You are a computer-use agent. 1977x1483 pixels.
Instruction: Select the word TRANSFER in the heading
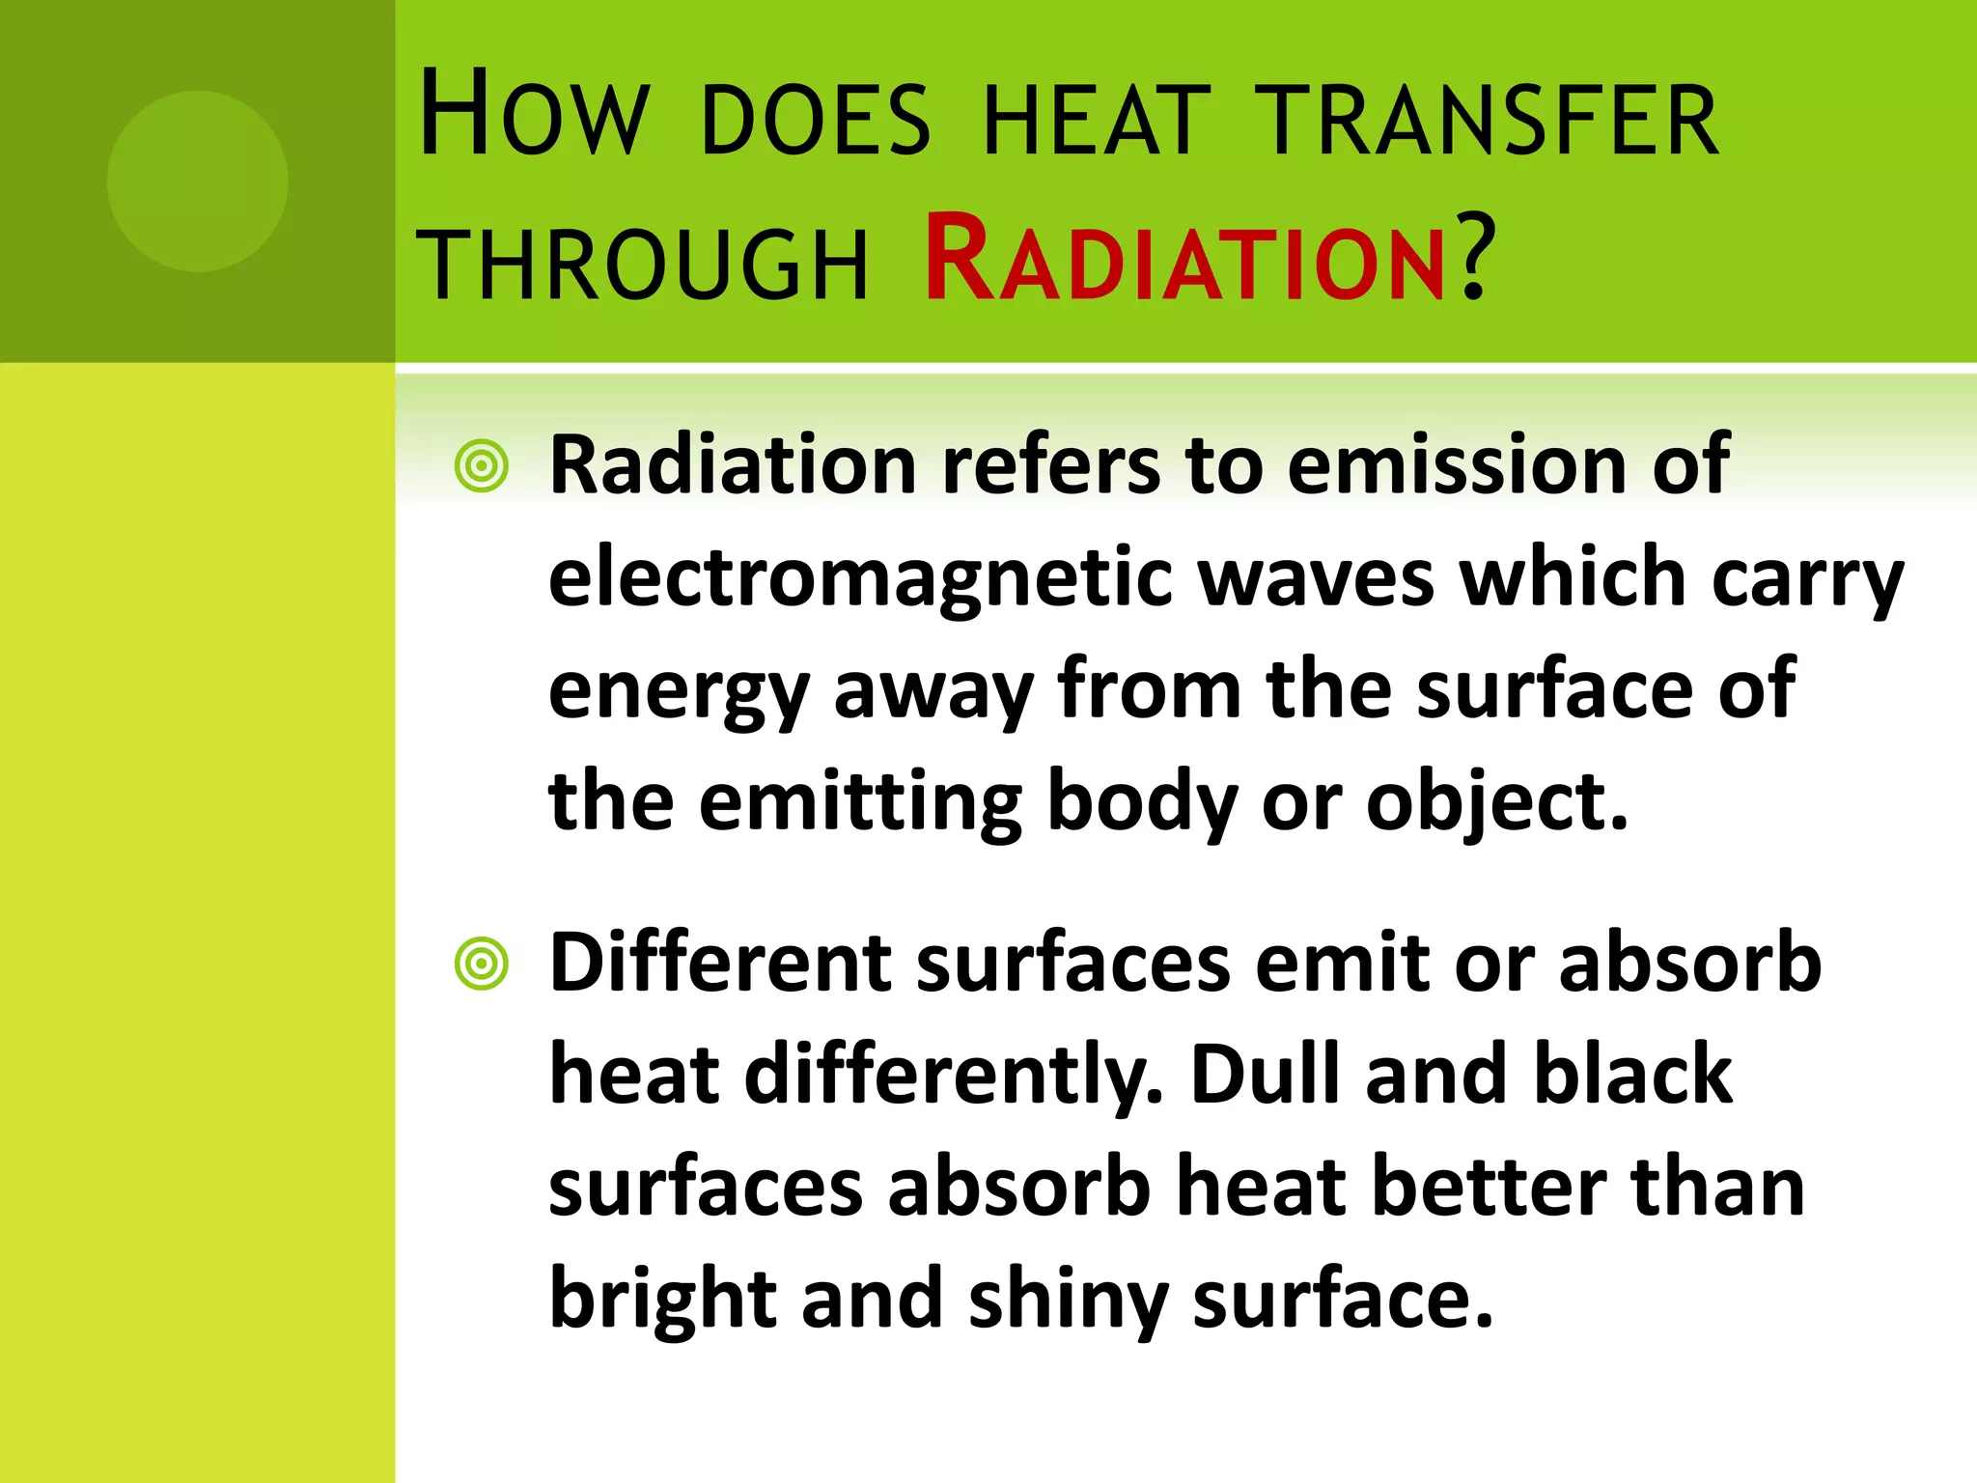pos(1491,121)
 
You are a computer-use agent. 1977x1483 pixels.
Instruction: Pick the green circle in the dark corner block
pos(198,181)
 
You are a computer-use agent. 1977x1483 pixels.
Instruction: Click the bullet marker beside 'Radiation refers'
pos(481,467)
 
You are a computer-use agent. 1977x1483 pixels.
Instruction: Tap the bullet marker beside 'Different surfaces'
pos(481,964)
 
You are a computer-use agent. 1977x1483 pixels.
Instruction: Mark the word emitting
pos(860,802)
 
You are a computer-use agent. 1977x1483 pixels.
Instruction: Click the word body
pos(1142,804)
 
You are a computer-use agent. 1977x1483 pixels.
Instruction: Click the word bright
pos(663,1300)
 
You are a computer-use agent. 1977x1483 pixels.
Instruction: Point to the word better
pos(1490,1187)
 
